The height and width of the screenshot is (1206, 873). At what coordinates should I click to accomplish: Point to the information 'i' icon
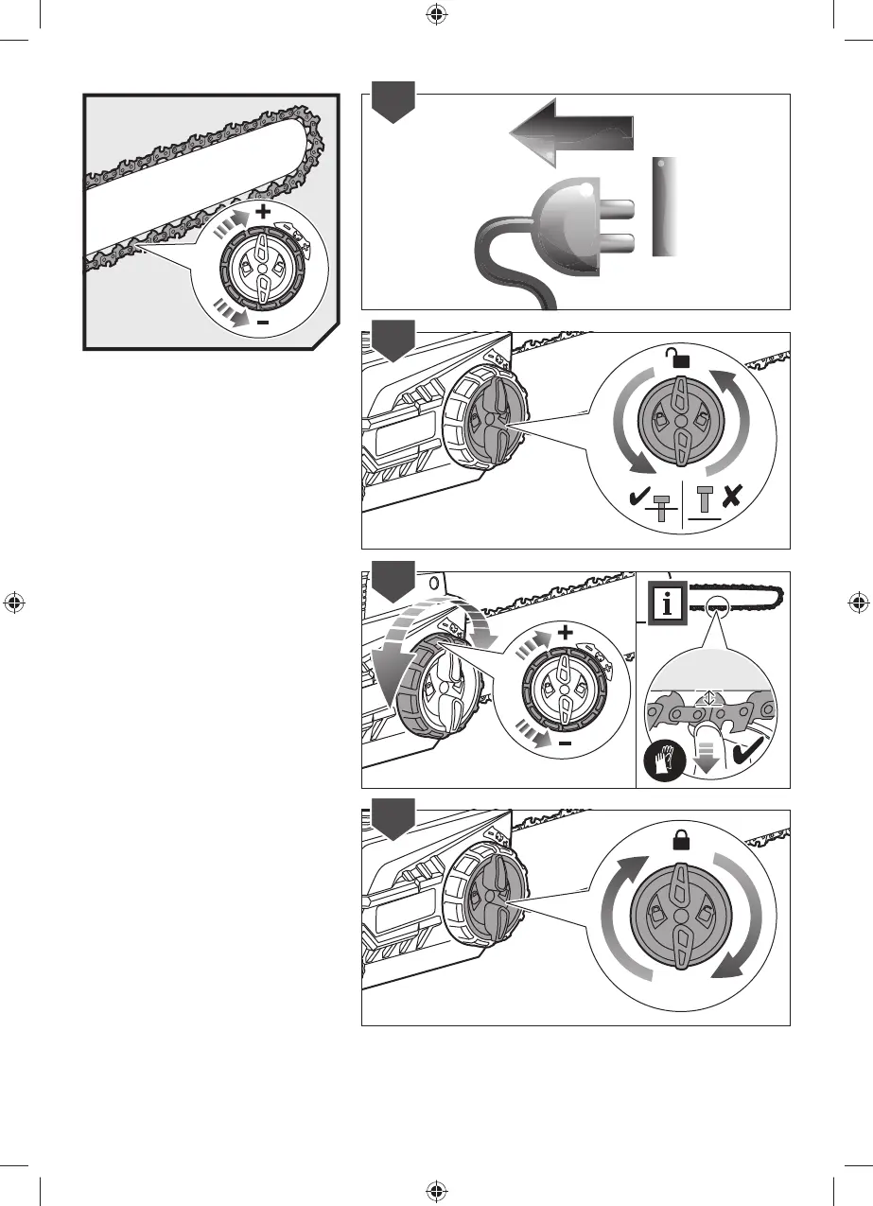[x=667, y=605]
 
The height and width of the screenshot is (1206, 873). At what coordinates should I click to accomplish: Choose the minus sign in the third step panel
[x=565, y=744]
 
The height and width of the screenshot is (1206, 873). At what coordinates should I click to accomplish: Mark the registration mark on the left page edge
[x=14, y=603]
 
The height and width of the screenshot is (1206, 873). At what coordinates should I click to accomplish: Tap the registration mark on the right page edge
[x=858, y=603]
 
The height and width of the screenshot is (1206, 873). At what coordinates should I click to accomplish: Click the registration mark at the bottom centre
[x=436, y=1190]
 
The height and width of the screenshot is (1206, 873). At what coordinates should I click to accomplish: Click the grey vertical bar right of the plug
[x=665, y=206]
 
